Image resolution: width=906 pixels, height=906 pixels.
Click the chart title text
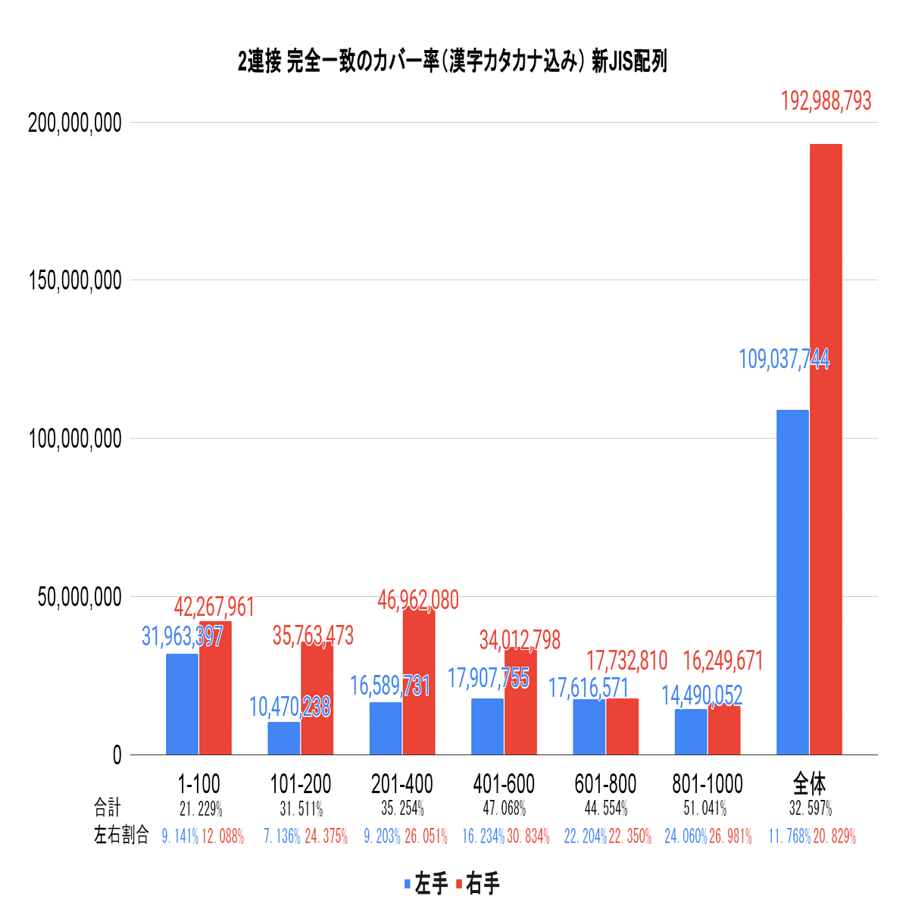pyautogui.click(x=452, y=62)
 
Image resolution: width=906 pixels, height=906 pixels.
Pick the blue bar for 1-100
pyautogui.click(x=182, y=704)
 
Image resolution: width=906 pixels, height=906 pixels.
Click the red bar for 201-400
pyautogui.click(x=419, y=681)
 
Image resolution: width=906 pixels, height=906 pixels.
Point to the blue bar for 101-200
pyautogui.click(x=283, y=738)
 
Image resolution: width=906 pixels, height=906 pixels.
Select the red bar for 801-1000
pyautogui.click(x=724, y=730)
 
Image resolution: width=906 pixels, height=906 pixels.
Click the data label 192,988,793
pyautogui.click(x=826, y=102)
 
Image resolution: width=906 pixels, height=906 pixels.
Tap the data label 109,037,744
pyautogui.click(x=783, y=359)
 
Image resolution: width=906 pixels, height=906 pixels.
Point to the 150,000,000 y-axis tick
pyautogui.click(x=74, y=280)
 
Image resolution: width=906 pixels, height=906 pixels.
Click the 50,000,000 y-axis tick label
pyautogui.click(x=80, y=597)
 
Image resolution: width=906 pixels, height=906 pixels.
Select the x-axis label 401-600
pyautogui.click(x=503, y=784)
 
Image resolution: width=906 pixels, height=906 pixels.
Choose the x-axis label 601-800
pyautogui.click(x=605, y=784)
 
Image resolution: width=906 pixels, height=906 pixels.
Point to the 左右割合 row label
pyautogui.click(x=120, y=836)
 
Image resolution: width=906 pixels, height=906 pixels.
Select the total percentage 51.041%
pyautogui.click(x=704, y=808)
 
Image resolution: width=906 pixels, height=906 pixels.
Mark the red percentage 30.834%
pyautogui.click(x=528, y=837)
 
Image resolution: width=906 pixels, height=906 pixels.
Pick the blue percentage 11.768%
pyautogui.click(x=789, y=837)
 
